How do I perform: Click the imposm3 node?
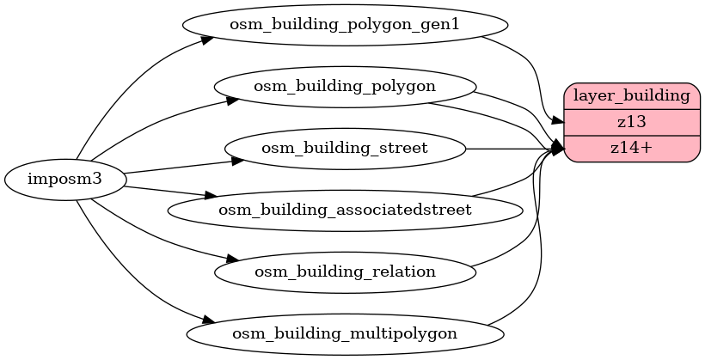coord(65,180)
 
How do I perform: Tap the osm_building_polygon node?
coord(344,86)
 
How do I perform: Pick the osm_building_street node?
coord(344,148)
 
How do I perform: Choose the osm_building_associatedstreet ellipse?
coord(344,210)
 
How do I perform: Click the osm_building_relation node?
coord(344,272)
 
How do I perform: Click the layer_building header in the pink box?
coord(632,95)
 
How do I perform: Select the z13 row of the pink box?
coord(632,121)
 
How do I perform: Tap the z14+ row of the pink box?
coord(632,148)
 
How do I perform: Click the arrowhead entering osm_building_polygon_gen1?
coord(207,39)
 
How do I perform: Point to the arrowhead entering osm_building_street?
coord(237,159)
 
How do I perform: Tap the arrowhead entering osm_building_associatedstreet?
coord(209,197)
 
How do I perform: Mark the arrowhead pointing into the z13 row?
coord(557,123)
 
